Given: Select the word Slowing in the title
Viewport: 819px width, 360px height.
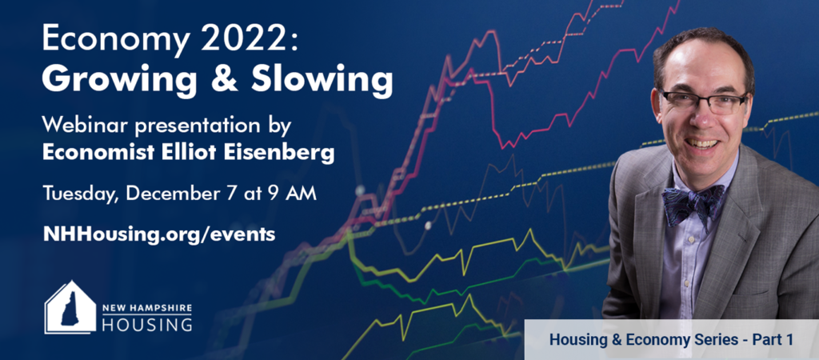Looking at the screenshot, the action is pos(322,79).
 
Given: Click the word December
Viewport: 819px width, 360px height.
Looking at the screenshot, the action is pos(177,193).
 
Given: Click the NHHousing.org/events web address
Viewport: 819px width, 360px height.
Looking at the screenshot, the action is pos(159,234).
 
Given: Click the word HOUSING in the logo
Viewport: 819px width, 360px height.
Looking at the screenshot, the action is pos(147,324).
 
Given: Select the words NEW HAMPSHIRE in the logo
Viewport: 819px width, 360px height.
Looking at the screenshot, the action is pos(147,308).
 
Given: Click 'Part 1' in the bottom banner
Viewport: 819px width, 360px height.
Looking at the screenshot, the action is pos(773,340).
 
